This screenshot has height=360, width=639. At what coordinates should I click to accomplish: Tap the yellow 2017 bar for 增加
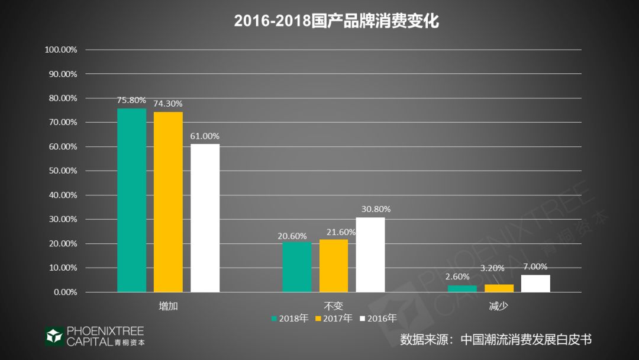168,202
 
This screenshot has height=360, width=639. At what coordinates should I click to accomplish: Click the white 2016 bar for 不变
370,255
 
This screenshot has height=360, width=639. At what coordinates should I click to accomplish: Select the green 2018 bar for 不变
296,267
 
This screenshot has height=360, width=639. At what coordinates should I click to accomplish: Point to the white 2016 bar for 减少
535,284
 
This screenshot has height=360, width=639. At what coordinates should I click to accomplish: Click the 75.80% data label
131,101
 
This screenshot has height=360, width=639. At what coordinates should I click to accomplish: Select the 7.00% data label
535,266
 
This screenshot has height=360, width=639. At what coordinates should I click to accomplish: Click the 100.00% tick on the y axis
61,50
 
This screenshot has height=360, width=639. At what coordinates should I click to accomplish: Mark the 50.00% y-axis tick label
61,171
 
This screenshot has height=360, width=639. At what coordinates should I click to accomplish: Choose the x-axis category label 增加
168,306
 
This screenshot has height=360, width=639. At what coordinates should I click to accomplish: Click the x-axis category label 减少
499,306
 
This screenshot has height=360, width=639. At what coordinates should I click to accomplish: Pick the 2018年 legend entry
291,319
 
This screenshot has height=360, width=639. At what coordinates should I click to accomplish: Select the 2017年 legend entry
334,319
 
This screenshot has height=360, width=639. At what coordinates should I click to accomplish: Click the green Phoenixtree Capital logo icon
54,336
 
